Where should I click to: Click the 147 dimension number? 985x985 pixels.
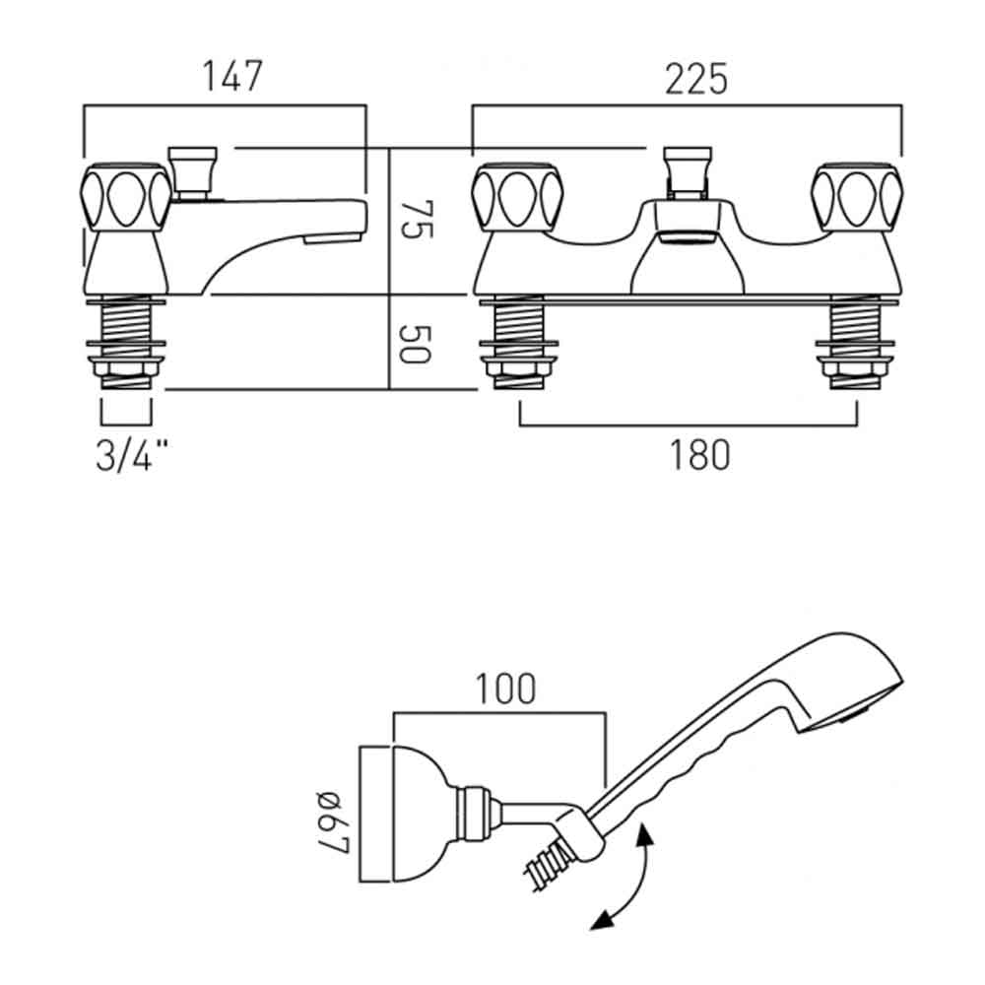point(233,76)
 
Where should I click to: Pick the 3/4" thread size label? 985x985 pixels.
point(132,456)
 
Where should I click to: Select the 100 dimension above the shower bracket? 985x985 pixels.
point(508,689)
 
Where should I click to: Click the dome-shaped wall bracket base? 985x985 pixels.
point(399,814)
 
